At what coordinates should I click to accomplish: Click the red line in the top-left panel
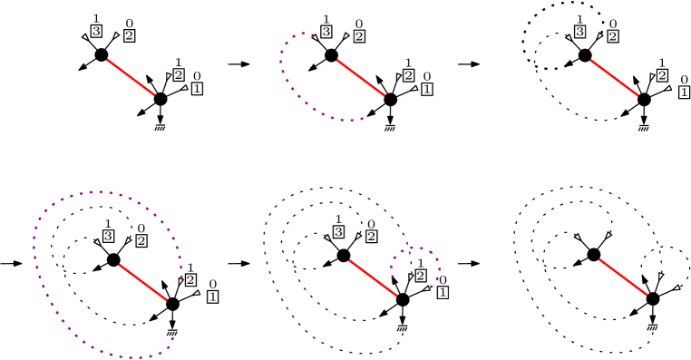(x=131, y=77)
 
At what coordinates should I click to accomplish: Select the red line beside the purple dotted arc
(x=360, y=77)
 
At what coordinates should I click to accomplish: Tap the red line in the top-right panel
(x=614, y=77)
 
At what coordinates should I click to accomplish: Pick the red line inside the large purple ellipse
(x=142, y=282)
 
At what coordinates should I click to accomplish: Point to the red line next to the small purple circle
(x=373, y=277)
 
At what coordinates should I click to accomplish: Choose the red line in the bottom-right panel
(x=623, y=277)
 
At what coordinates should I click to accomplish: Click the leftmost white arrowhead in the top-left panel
(x=85, y=37)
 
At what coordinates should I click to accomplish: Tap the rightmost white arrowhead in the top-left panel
(x=184, y=88)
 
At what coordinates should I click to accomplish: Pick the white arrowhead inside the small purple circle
(x=410, y=277)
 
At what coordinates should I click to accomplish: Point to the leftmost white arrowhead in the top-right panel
(x=569, y=37)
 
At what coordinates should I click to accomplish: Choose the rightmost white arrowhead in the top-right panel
(x=668, y=88)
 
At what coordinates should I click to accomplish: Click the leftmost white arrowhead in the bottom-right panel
(x=577, y=237)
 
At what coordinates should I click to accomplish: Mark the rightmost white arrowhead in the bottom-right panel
(x=676, y=287)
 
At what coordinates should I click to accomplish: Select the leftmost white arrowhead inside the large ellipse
(x=97, y=242)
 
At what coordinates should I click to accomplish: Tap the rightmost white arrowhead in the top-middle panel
(x=414, y=88)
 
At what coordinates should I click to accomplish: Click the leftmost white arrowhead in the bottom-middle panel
(x=327, y=238)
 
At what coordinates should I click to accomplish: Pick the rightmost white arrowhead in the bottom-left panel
(x=196, y=293)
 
